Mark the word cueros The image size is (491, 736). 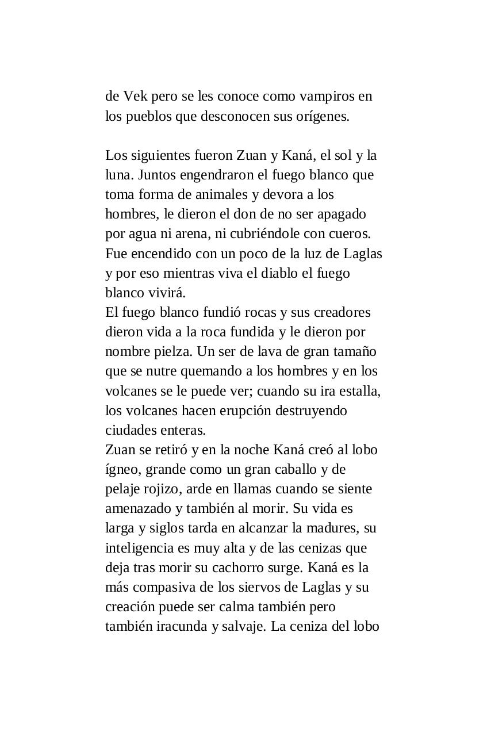[350, 234]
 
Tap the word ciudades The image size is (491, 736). [130, 430]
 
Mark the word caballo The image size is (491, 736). [288, 469]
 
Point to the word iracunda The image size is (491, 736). [182, 626]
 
